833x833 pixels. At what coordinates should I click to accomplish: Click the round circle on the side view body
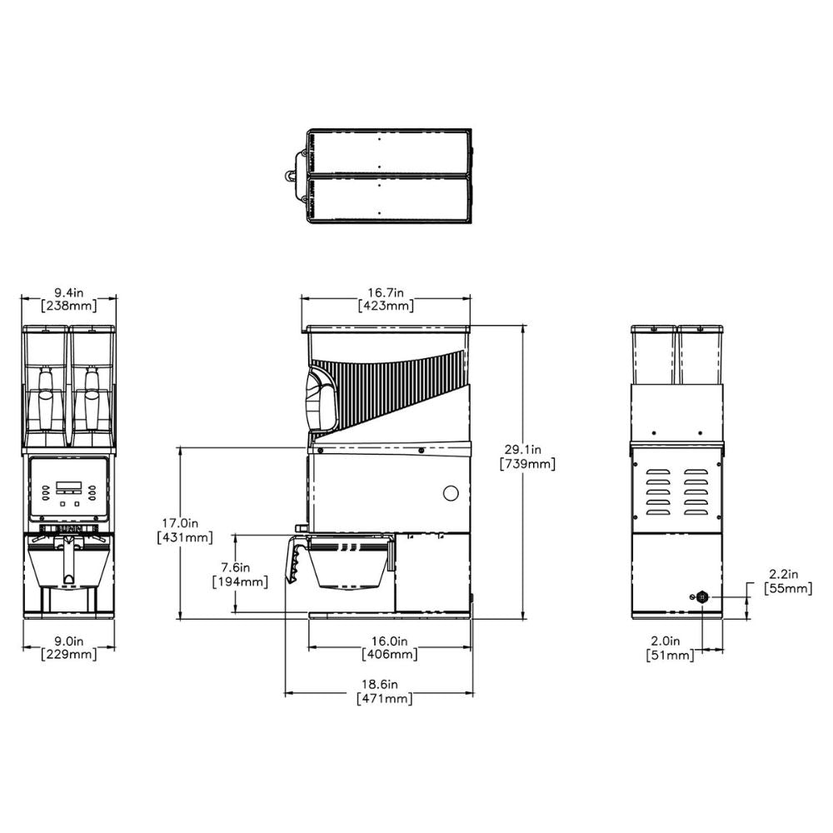coord(451,493)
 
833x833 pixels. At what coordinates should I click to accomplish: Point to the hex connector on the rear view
coord(701,596)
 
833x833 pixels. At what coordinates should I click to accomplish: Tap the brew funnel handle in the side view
coord(295,558)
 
